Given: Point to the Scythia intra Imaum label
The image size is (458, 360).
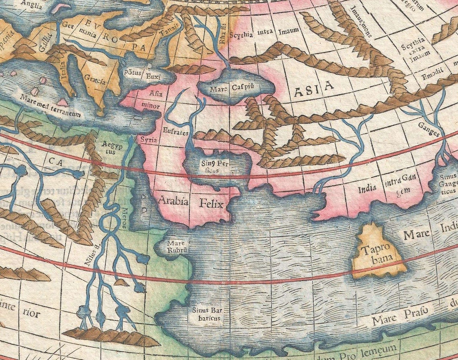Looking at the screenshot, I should point(264,33).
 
